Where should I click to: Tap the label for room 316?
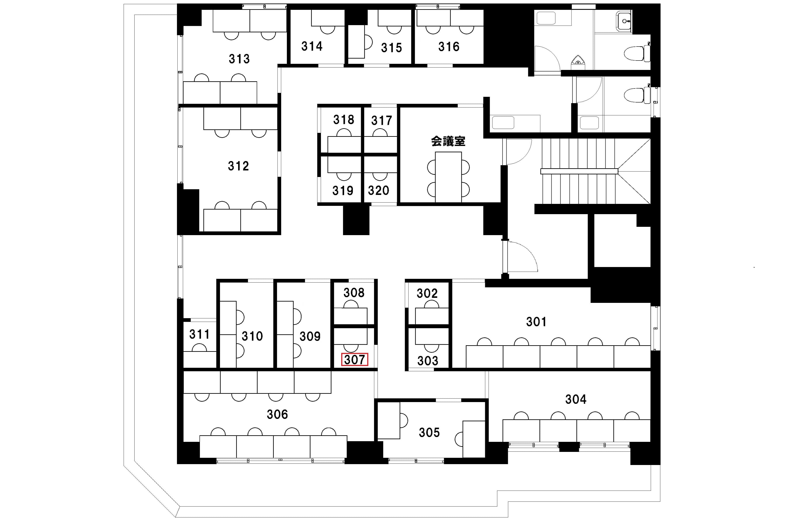tap(449, 47)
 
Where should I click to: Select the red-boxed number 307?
tap(354, 360)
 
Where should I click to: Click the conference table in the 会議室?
tap(448, 177)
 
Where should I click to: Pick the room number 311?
tap(199, 334)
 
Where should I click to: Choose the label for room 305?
tap(429, 432)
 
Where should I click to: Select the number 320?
tap(378, 191)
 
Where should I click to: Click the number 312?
tap(239, 166)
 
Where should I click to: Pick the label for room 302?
tap(427, 294)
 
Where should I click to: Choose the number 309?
tap(310, 337)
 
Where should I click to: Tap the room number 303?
tap(428, 361)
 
